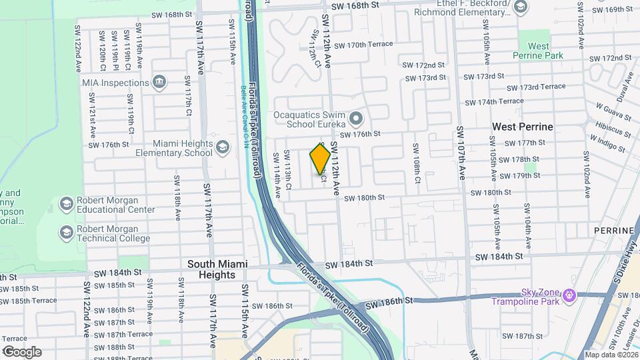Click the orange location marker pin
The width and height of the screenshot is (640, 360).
[320, 159]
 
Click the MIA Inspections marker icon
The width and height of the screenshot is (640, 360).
[159, 83]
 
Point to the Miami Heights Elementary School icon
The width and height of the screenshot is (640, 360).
[223, 148]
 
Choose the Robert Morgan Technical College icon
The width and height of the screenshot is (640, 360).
[66, 232]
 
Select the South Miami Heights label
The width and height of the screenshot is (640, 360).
[211, 269]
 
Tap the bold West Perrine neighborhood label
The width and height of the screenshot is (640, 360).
[523, 126]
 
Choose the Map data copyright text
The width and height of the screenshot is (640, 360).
[610, 354]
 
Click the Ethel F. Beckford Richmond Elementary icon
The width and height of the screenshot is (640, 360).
[520, 8]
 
